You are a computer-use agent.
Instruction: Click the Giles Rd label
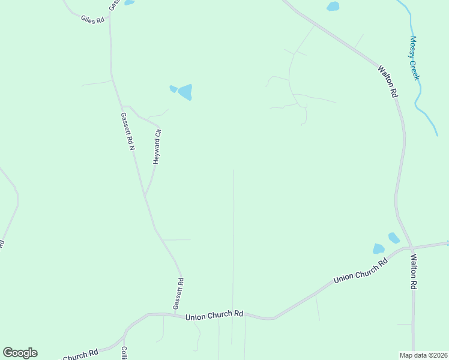(92, 19)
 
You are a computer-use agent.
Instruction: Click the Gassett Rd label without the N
(178, 293)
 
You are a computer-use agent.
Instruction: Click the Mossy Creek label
(414, 58)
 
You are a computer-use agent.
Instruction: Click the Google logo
(20, 353)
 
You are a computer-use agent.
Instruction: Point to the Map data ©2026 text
(423, 355)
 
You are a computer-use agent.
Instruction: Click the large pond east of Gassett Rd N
(185, 92)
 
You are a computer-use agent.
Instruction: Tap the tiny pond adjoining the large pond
(173, 89)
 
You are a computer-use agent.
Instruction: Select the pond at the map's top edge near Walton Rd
(333, 7)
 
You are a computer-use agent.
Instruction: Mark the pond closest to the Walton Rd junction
(394, 238)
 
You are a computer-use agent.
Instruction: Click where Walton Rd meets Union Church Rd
(411, 247)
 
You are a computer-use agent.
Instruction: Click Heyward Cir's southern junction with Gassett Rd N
(145, 195)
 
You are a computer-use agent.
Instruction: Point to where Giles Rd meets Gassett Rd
(110, 11)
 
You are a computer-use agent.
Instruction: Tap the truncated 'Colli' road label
(124, 353)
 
